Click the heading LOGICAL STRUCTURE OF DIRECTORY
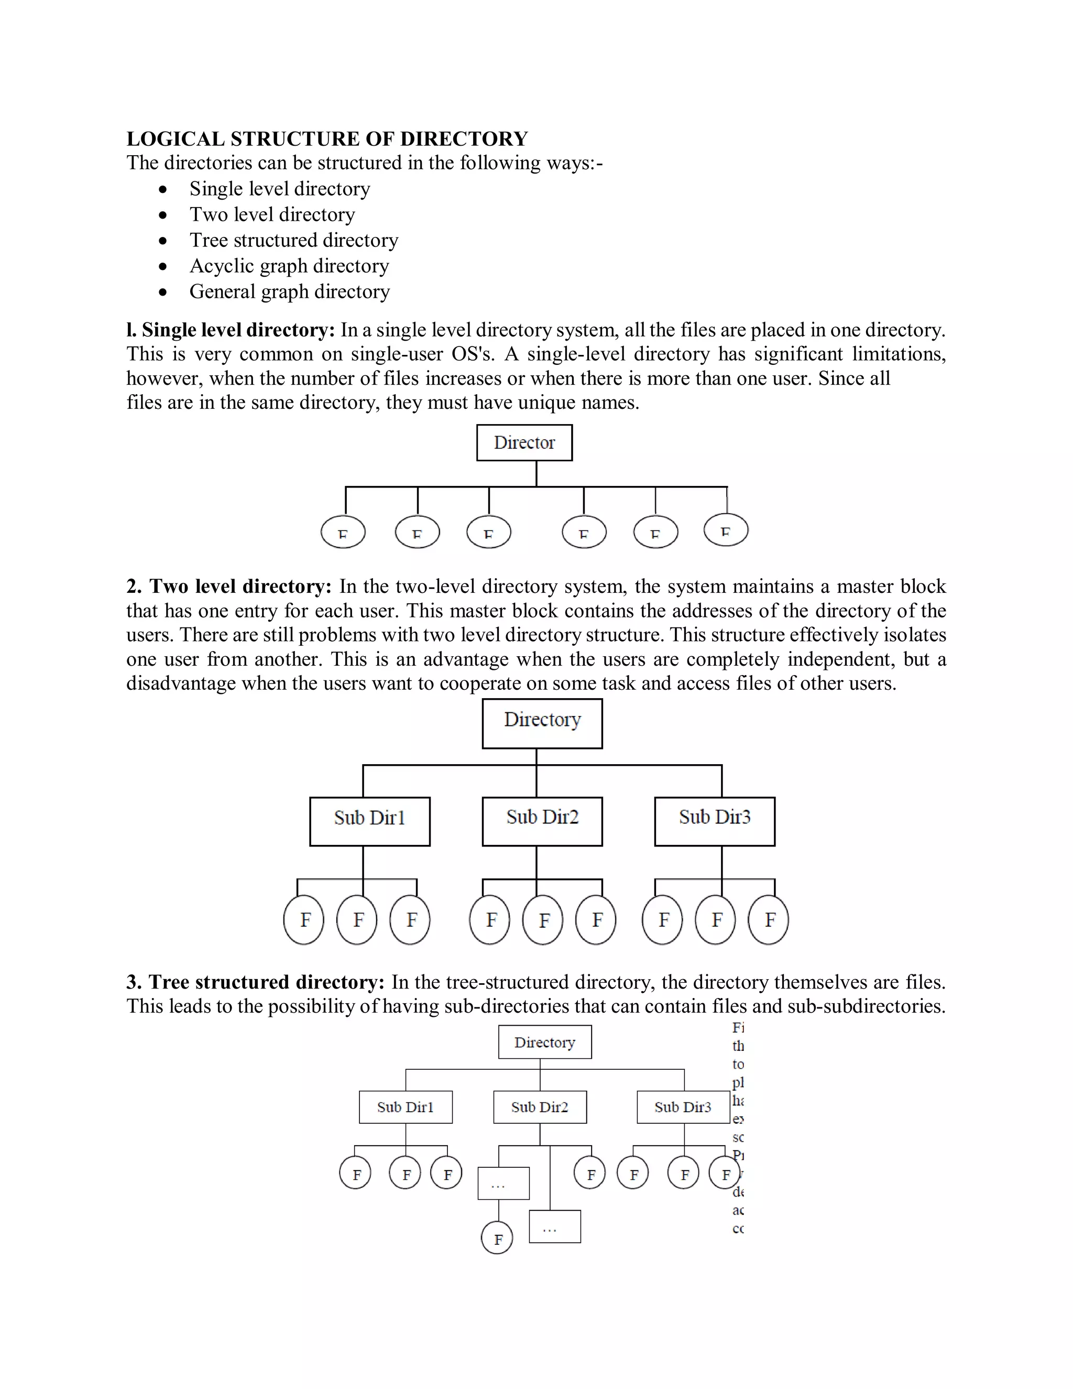[327, 139]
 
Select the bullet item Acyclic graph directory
[289, 266]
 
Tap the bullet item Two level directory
[272, 214]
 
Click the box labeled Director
[524, 443]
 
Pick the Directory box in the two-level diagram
[542, 723]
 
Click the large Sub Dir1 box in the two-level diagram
[369, 821]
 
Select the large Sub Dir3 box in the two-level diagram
[715, 821]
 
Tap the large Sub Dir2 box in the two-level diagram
[542, 821]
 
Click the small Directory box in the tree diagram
[545, 1042]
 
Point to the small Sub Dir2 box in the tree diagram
[540, 1107]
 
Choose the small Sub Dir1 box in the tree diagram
[406, 1107]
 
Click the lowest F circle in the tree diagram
[497, 1238]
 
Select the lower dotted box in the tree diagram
[554, 1226]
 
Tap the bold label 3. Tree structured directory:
[256, 982]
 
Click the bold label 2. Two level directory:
[229, 586]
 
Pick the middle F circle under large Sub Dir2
[543, 920]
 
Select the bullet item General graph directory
[289, 291]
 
